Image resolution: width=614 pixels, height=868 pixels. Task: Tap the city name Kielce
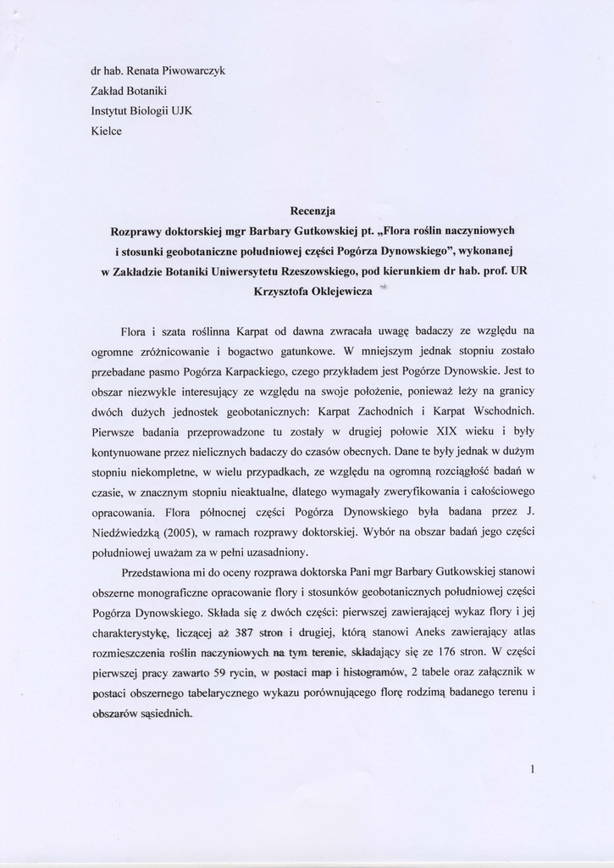tap(107, 131)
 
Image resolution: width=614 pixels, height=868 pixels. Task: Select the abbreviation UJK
tap(182, 111)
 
